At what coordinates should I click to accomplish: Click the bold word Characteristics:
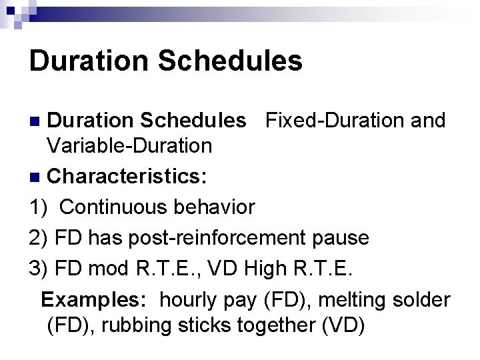[x=127, y=178]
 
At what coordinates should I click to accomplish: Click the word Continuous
[x=113, y=207]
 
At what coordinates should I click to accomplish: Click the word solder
[x=421, y=299]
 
